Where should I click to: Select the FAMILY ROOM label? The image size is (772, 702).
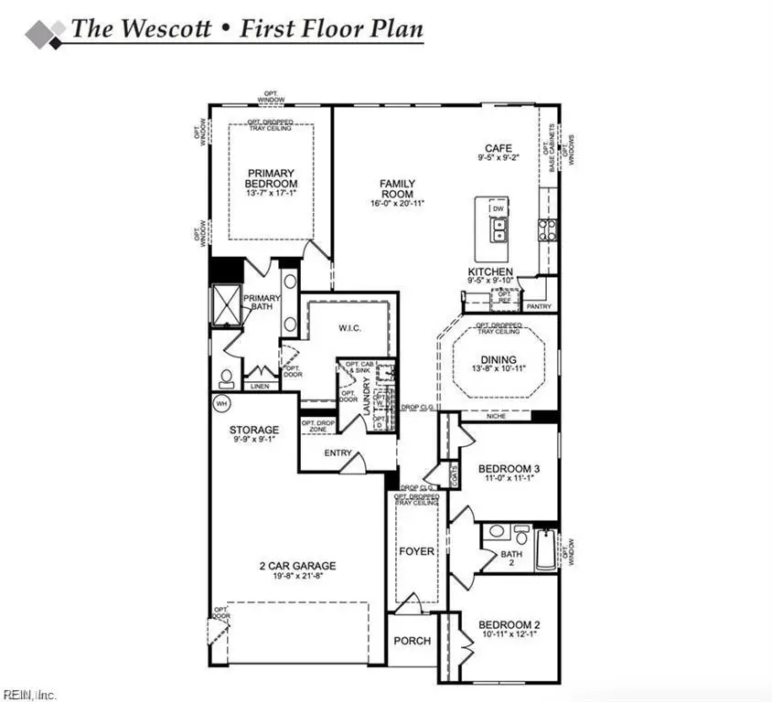pyautogui.click(x=397, y=188)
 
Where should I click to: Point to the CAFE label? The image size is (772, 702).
pyautogui.click(x=499, y=148)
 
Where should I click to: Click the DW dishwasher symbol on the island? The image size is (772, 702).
pyautogui.click(x=499, y=209)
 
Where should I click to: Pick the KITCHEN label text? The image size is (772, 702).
pyautogui.click(x=490, y=272)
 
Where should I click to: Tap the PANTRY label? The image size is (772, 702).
pyautogui.click(x=539, y=307)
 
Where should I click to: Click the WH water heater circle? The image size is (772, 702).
pyautogui.click(x=221, y=403)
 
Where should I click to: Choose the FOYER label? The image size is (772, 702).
pyautogui.click(x=416, y=552)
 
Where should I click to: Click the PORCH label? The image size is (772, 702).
pyautogui.click(x=412, y=641)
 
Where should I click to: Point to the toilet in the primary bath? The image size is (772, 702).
pyautogui.click(x=225, y=377)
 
